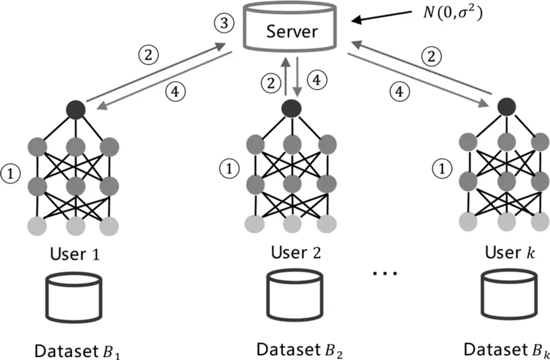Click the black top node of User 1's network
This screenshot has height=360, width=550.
[x=76, y=109]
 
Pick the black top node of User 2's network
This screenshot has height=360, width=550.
[x=291, y=109]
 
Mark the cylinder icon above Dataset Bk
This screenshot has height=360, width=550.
[x=509, y=295]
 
